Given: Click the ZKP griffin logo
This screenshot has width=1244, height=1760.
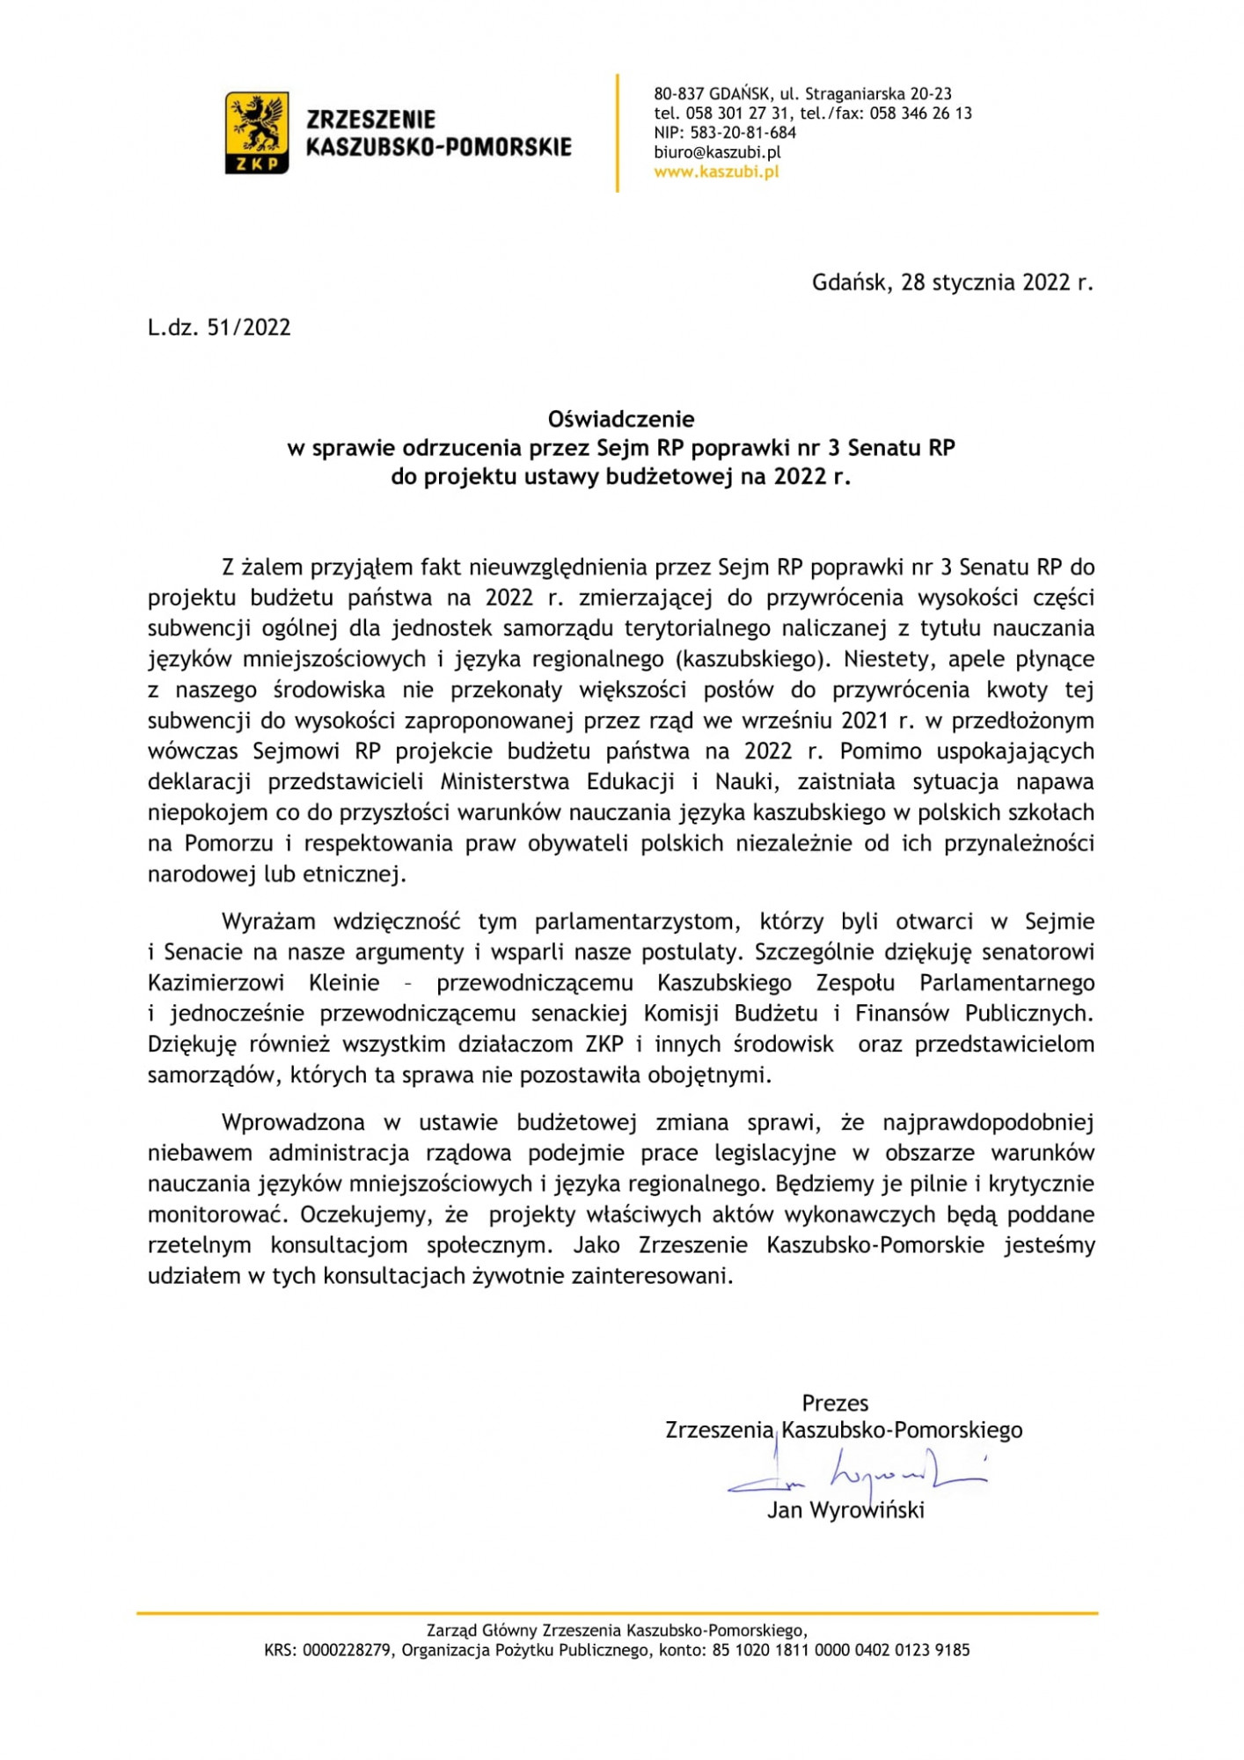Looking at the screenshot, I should (257, 132).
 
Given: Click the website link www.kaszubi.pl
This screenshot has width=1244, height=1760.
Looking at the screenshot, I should (716, 172).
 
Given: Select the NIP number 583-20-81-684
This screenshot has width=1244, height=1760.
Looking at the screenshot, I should (752, 133).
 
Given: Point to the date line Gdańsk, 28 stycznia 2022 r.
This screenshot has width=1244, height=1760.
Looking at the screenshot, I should (952, 282).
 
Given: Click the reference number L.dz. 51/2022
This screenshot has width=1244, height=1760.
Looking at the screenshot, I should (219, 327).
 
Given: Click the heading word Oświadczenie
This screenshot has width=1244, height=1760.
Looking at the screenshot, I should (621, 419).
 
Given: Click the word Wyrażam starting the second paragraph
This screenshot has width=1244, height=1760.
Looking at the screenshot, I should (268, 921).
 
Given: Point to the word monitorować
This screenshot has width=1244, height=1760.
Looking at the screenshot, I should (217, 1214).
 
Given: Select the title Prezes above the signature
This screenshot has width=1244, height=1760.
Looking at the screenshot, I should (835, 1403).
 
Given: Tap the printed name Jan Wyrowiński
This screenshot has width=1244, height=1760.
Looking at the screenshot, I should (845, 1511).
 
